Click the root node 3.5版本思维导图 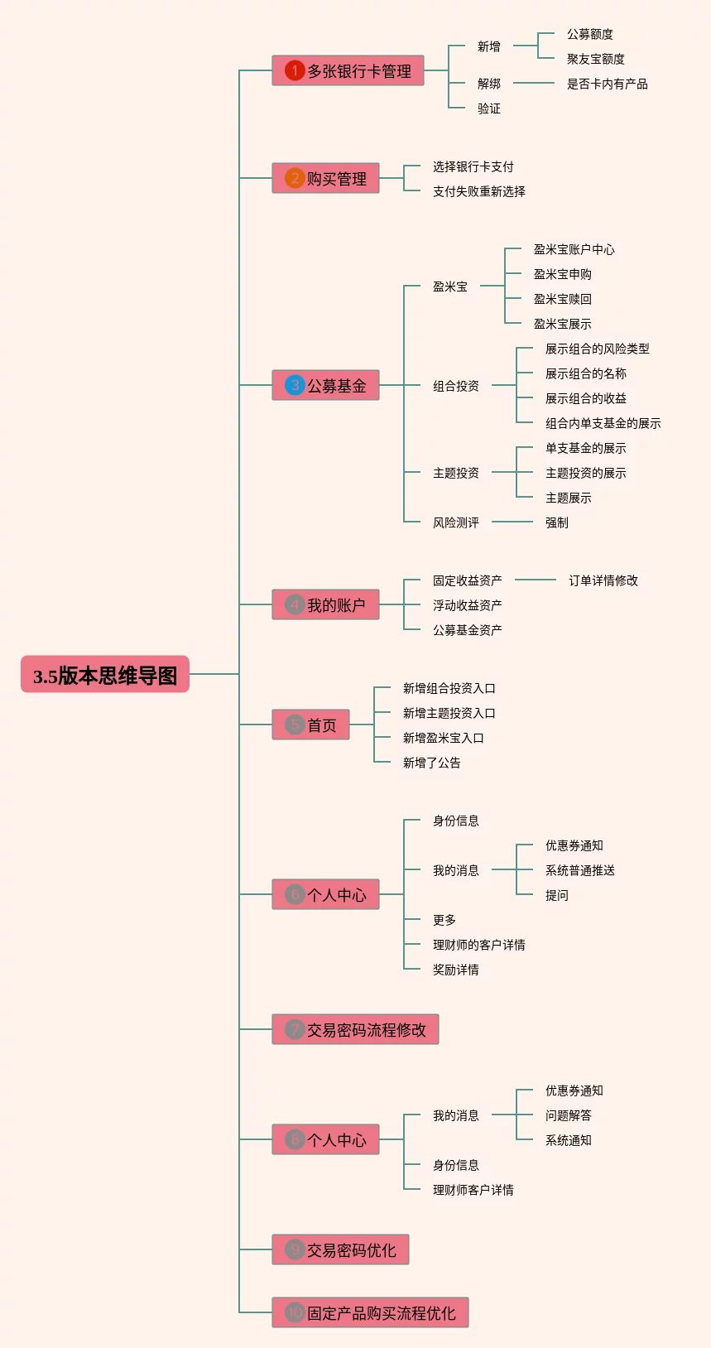point(105,674)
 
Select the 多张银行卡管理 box point(348,70)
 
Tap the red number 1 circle point(294,70)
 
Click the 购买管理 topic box point(325,178)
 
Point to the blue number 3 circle point(294,384)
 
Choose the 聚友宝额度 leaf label point(595,59)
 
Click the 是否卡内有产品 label point(607,84)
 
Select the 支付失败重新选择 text point(478,191)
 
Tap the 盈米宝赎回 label point(562,299)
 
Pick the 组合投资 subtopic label point(456,386)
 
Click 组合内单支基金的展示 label point(603,423)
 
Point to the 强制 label point(556,522)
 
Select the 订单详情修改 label point(603,580)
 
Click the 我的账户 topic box point(325,604)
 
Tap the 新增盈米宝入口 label point(444,738)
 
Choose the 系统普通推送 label point(580,870)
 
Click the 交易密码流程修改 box point(356,1029)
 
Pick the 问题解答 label point(569,1115)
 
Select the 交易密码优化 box point(340,1249)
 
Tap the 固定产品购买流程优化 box point(370,1312)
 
